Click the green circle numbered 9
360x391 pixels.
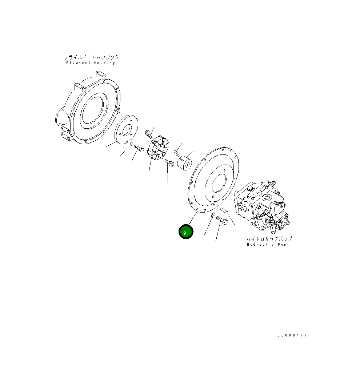point(186,232)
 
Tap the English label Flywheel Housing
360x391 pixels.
point(91,63)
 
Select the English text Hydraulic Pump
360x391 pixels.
point(268,245)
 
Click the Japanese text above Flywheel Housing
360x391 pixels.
point(91,57)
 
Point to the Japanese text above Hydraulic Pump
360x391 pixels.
point(269,239)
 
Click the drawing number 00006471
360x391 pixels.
point(292,335)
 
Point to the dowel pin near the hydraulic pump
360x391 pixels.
point(224,210)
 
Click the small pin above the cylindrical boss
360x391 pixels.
point(176,151)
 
